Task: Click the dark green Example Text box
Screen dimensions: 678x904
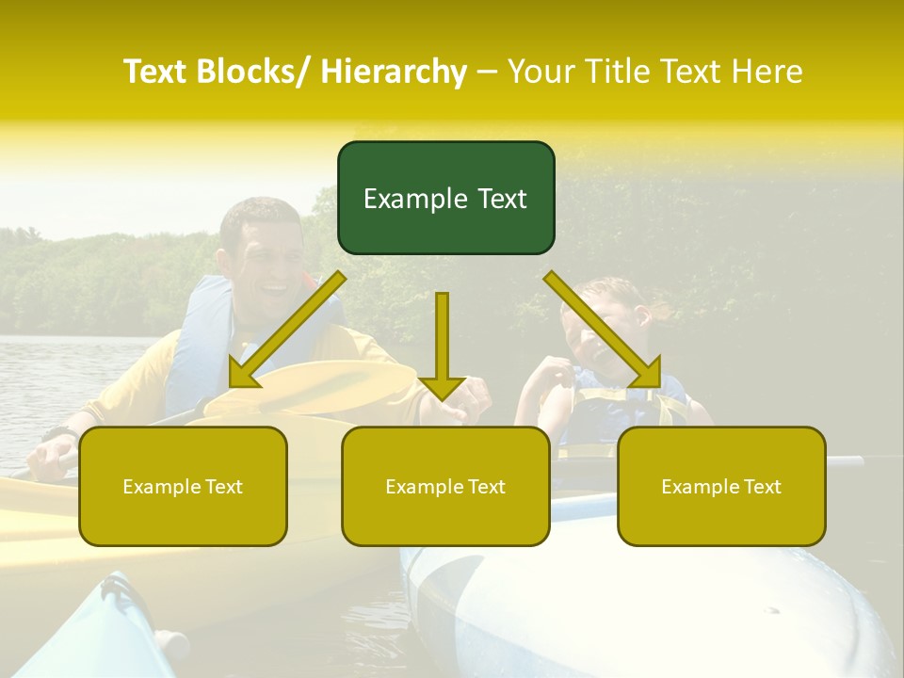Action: (445, 198)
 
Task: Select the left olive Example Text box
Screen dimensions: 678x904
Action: (183, 486)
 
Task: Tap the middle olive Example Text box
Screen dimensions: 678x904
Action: (445, 486)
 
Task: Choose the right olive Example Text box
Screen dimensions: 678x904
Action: (721, 486)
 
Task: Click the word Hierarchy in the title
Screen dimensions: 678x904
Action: (393, 72)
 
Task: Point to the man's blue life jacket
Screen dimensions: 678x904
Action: (202, 330)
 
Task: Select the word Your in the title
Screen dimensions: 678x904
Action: (541, 72)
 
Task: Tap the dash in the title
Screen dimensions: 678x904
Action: (487, 72)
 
